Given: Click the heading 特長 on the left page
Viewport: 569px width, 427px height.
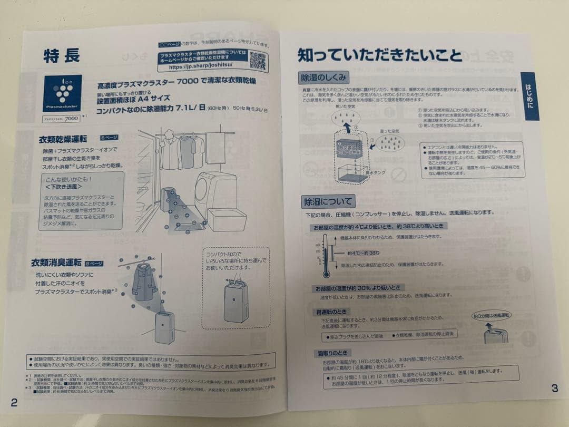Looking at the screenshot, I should (x=62, y=56).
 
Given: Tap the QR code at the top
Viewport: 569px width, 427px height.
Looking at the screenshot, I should (x=257, y=61).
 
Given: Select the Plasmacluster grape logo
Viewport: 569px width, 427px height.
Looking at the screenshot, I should (x=62, y=93).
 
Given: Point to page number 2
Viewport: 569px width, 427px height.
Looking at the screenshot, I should (x=14, y=403).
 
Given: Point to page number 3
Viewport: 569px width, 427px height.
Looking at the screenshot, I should (x=554, y=389).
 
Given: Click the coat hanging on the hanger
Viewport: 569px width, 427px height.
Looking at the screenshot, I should (x=144, y=282).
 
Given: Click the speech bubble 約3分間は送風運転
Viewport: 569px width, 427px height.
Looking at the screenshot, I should (x=492, y=315).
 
